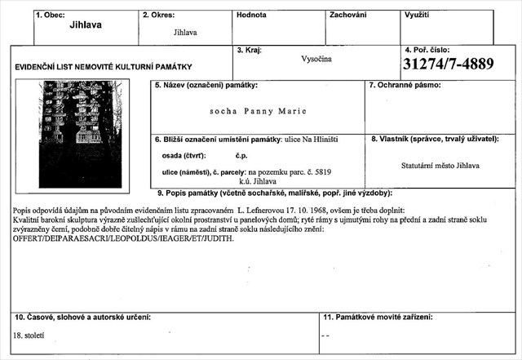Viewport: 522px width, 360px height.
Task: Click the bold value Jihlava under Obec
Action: (x=86, y=24)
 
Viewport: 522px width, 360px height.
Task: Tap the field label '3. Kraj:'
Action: (x=249, y=51)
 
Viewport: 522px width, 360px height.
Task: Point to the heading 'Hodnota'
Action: (x=251, y=15)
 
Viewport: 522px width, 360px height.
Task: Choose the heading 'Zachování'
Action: (x=347, y=15)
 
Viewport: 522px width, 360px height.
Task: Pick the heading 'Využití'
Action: (x=418, y=15)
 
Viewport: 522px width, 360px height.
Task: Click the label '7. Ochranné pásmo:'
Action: (x=407, y=85)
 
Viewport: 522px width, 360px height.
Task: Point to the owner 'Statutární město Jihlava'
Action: (x=440, y=164)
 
